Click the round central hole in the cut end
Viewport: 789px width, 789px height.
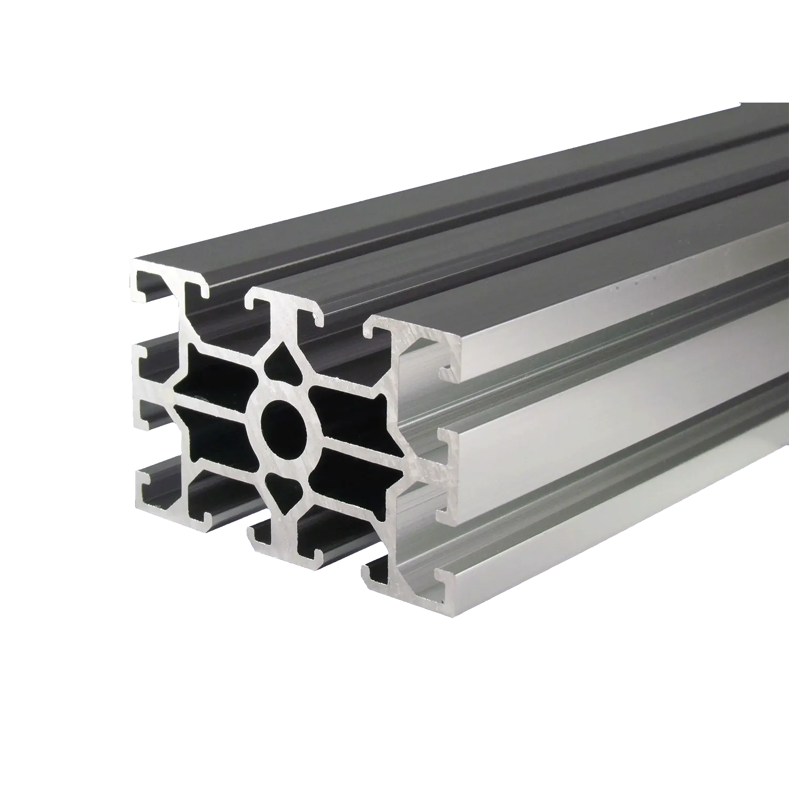tap(284, 424)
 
